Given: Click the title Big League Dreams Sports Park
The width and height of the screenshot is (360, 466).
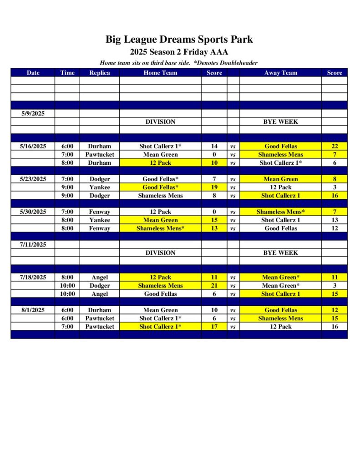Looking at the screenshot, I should click(179, 40).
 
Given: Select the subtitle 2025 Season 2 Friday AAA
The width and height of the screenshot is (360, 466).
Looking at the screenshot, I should click(179, 52).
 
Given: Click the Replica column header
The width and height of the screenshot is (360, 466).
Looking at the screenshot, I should click(99, 73).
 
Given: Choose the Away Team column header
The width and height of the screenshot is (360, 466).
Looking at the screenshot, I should click(280, 73).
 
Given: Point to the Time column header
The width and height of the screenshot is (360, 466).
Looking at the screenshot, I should click(67, 73).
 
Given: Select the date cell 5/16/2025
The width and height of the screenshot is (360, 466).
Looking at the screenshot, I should click(33, 147).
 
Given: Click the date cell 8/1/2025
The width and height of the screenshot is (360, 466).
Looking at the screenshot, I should click(33, 310).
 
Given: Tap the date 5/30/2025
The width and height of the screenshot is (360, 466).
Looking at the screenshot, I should click(33, 212).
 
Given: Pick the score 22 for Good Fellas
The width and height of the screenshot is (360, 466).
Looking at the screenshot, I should click(335, 147).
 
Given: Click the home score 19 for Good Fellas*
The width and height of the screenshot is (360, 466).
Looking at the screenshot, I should click(214, 187).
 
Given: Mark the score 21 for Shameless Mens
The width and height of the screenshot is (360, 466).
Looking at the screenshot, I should click(214, 286).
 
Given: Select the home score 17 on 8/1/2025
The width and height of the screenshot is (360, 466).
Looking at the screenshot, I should click(214, 327).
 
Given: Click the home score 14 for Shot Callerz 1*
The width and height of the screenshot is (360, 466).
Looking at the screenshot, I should click(214, 147).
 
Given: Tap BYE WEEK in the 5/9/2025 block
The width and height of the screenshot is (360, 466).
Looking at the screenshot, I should click(280, 122).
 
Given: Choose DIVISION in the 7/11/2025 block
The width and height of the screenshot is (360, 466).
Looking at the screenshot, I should click(160, 253).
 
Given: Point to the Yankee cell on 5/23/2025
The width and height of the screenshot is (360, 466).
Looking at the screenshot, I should click(99, 187).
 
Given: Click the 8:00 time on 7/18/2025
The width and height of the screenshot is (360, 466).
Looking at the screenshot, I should click(67, 278).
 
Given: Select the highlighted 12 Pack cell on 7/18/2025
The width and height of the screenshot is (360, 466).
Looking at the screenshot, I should click(160, 278).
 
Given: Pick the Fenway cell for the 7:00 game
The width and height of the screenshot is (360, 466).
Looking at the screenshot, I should click(99, 212).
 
